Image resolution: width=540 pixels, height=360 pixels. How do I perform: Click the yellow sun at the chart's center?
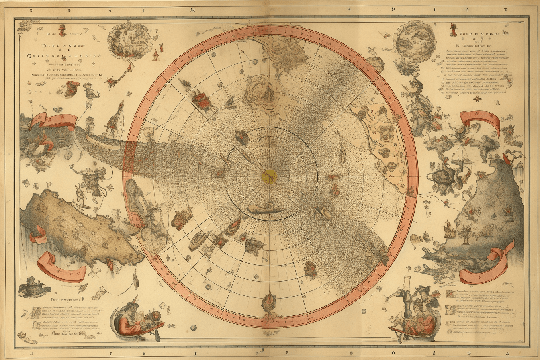coord(269,177)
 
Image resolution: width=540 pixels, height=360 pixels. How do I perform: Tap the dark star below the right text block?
coord(478,99)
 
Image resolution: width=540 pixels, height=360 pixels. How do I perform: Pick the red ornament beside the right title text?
coord(453,29)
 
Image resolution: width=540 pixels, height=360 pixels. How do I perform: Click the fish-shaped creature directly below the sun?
coord(262,209)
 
